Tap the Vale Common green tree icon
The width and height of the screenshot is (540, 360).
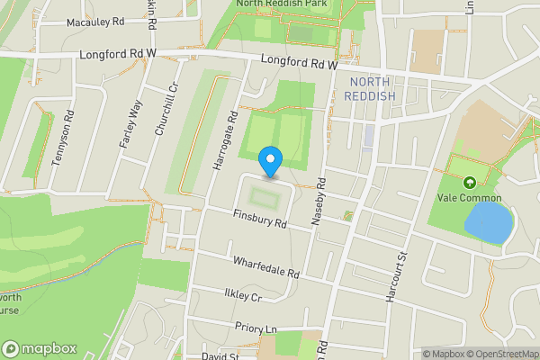coord(468,183)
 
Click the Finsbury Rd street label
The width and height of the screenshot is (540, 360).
coord(259,219)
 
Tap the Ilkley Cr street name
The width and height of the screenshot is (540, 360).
coord(242,295)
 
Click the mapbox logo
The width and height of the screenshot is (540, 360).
coord(39,348)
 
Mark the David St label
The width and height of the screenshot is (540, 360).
coord(219,356)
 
